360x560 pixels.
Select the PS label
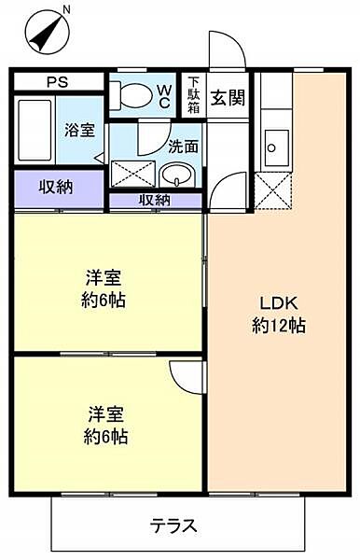(58, 81)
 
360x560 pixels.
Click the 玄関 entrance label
(227, 96)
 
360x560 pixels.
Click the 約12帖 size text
(278, 326)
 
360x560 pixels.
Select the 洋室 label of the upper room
(104, 278)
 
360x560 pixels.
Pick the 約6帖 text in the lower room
(105, 436)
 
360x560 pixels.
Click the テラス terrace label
(174, 525)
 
